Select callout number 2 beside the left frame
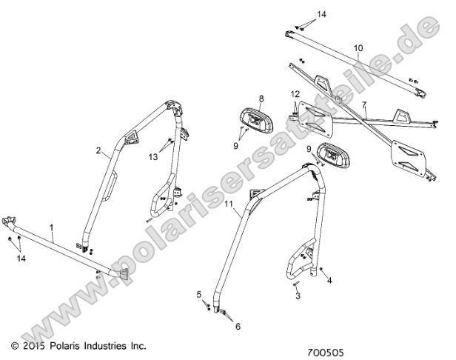pyautogui.click(x=98, y=150)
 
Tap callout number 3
pyautogui.click(x=298, y=296)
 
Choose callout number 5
pyautogui.click(x=198, y=294)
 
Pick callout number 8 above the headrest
pyautogui.click(x=261, y=98)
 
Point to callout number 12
pyautogui.click(x=294, y=94)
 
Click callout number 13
pyautogui.click(x=154, y=157)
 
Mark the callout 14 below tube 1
pyautogui.click(x=21, y=259)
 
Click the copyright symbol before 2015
pyautogui.click(x=15, y=346)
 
